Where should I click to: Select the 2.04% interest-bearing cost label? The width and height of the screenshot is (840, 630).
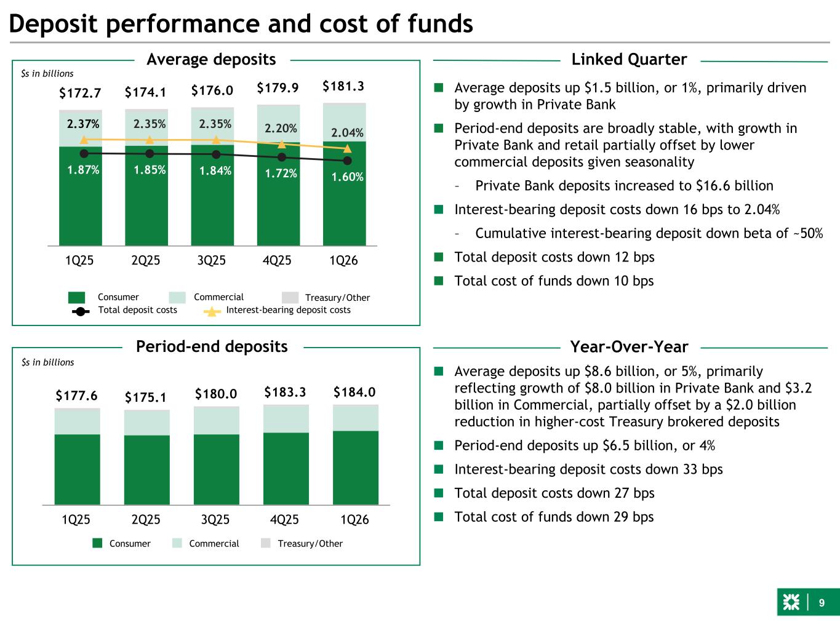(x=347, y=133)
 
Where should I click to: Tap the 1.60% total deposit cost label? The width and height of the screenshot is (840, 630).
(x=347, y=177)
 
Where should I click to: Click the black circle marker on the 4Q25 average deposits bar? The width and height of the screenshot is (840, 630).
(x=282, y=157)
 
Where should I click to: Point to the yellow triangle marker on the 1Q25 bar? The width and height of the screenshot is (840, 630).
(x=84, y=140)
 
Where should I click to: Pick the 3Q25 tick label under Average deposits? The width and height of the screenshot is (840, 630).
(x=211, y=261)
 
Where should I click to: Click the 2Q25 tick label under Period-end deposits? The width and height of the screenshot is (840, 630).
(x=146, y=520)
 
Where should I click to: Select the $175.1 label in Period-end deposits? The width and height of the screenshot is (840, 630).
(x=146, y=397)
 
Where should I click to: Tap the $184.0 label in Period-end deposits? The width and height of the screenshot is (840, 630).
(x=354, y=393)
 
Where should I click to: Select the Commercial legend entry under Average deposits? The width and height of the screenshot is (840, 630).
(x=218, y=297)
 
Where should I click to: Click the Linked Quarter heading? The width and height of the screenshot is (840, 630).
(x=629, y=60)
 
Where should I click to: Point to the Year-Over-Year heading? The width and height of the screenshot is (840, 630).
(x=629, y=348)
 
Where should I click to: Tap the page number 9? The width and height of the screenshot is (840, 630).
(x=821, y=604)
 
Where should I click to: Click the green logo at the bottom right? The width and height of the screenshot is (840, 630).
(x=791, y=604)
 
